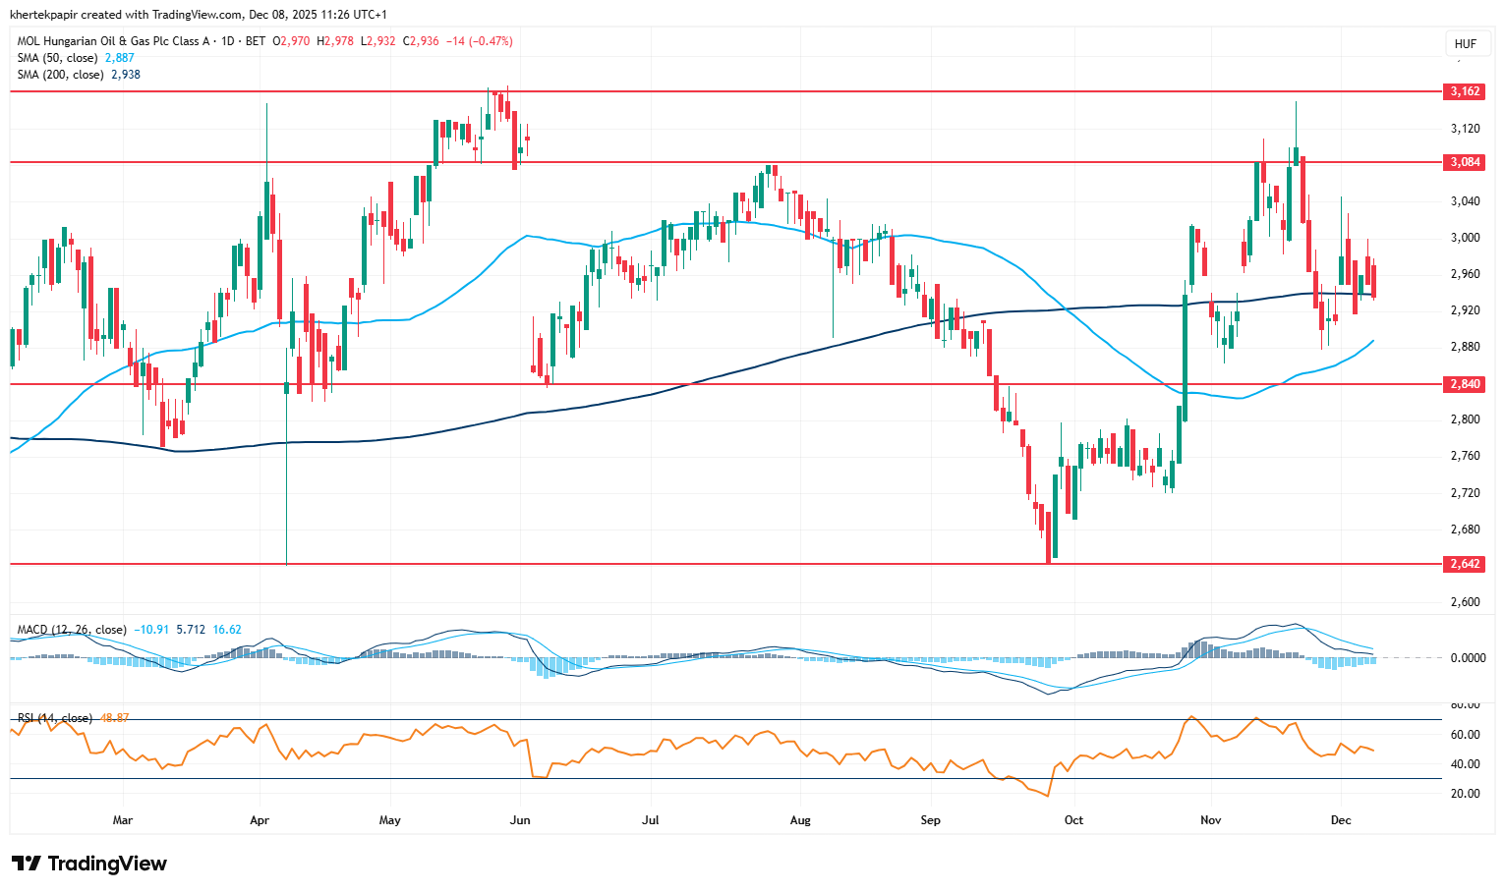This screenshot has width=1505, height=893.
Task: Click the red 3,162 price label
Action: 1465,91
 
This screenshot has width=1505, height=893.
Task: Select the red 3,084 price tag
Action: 1465,162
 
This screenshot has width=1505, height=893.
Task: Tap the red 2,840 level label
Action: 1465,384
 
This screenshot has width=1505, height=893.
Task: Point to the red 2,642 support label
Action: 1465,564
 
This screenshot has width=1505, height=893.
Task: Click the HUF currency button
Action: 1465,44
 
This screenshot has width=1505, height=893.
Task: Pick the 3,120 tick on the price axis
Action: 1465,129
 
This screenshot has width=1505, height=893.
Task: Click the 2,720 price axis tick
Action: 1465,493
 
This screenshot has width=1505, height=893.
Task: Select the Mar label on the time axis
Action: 122,820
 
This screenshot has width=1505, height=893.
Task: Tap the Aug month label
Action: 800,820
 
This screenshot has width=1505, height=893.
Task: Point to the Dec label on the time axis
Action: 1339,820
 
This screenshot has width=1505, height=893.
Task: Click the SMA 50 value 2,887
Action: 122,58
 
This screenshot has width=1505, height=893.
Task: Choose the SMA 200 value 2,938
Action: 125,75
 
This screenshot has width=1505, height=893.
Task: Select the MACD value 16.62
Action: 227,630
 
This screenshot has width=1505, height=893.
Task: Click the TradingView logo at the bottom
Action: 89,864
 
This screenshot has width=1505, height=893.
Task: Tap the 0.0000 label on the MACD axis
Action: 1469,658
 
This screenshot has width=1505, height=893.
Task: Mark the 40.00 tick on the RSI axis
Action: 1465,764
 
